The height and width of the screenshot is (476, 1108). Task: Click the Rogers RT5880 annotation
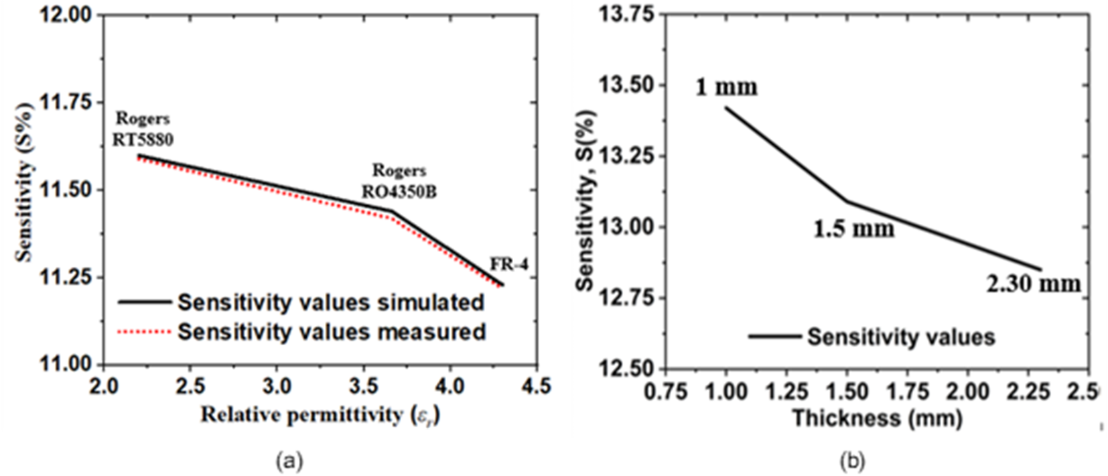(143, 129)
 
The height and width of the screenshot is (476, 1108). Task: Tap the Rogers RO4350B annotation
(399, 181)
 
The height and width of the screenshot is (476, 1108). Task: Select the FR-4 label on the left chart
(508, 264)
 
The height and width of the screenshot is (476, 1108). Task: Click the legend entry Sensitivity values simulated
(330, 302)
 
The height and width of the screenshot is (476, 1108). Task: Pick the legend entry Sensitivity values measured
(331, 332)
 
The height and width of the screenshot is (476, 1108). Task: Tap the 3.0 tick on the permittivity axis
(276, 387)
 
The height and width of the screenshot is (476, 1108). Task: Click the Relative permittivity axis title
(320, 416)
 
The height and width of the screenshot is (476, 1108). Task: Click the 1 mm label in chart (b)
(726, 87)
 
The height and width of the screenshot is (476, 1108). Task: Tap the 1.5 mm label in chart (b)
(853, 229)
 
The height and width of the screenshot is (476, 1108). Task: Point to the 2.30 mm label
(1033, 284)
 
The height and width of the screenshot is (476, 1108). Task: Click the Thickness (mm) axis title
(877, 419)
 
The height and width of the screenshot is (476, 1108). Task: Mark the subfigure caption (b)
(851, 461)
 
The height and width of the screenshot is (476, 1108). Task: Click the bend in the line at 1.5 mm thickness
(847, 200)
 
